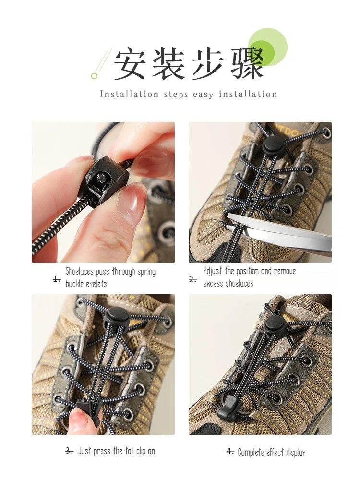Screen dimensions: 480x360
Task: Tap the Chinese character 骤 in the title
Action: [247, 63]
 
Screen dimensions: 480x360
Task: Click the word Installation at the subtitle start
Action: [129, 94]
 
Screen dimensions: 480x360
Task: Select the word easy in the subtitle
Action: [203, 95]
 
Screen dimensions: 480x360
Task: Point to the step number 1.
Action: [57, 279]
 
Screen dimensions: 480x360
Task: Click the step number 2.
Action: [193, 279]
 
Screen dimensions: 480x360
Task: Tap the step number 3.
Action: [69, 451]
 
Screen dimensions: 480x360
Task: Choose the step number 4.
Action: [230, 452]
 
